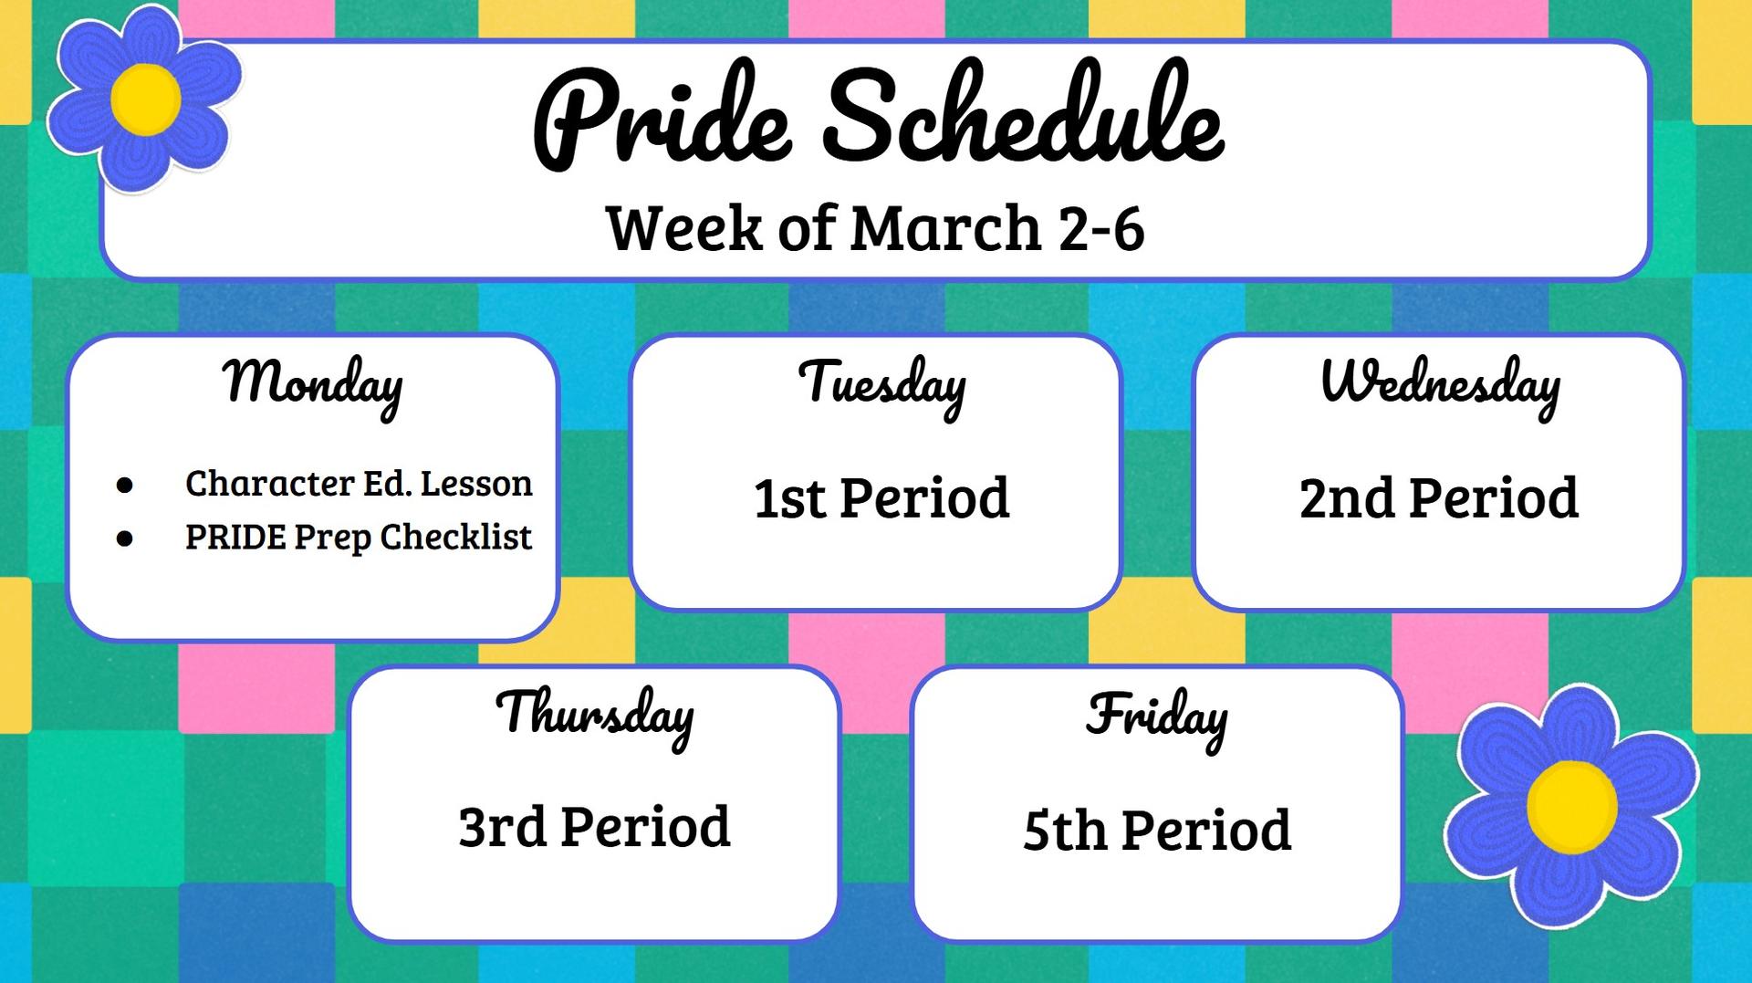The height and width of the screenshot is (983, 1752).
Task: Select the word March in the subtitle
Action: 945,228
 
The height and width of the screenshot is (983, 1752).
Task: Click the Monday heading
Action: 313,383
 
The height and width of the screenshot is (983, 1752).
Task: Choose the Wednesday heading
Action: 1440,383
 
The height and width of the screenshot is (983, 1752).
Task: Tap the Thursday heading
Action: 595,715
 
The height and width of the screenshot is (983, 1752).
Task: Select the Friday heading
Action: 1157,717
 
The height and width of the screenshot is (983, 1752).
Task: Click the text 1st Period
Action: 881,498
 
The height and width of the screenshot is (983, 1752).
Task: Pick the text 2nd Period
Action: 1438,498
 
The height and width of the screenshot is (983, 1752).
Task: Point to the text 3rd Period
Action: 594,827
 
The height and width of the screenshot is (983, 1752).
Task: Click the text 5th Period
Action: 1157,831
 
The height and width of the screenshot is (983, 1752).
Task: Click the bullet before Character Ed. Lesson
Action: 125,485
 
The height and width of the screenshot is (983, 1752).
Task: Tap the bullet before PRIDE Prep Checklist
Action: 125,539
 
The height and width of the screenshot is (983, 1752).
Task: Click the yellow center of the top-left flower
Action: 145,99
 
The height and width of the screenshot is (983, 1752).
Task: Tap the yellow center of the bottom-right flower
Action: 1571,807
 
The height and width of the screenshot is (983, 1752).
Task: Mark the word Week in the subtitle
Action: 683,228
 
